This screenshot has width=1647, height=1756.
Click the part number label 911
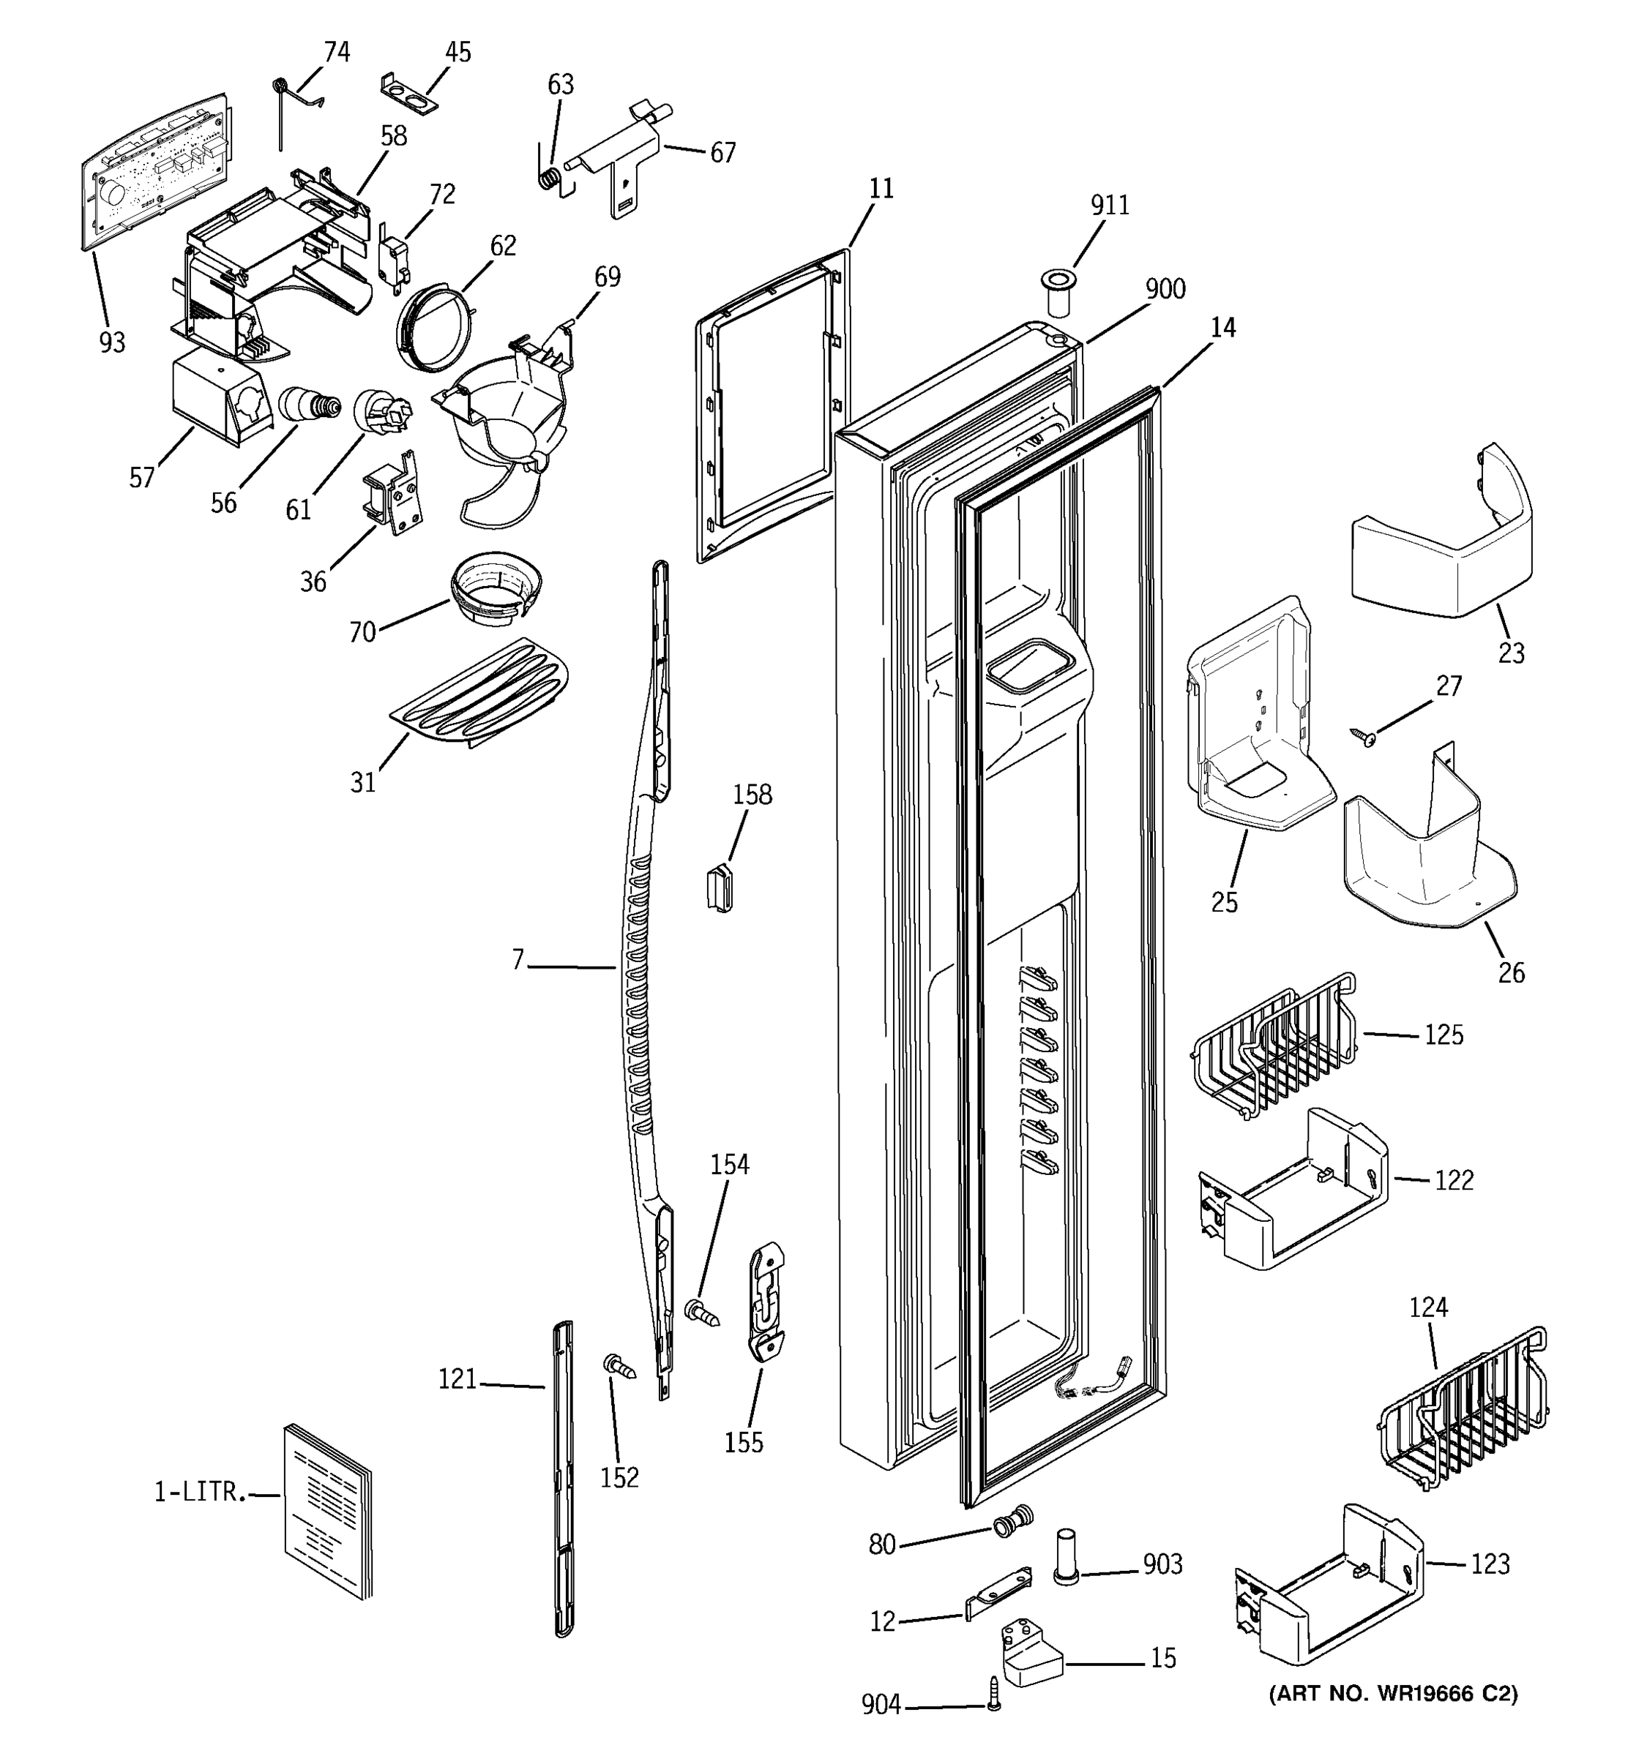(x=1109, y=205)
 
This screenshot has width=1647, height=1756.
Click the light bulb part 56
(x=309, y=405)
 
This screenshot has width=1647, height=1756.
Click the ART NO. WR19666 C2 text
(x=1394, y=1693)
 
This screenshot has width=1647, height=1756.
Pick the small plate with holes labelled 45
(x=409, y=94)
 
